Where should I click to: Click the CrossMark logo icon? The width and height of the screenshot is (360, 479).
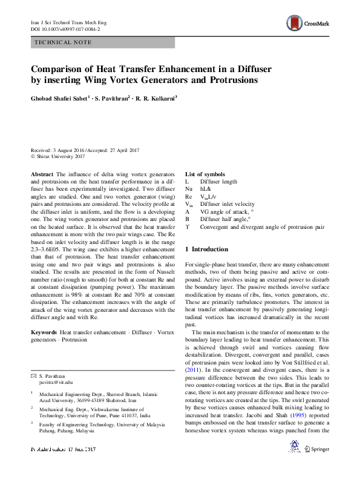(295, 24)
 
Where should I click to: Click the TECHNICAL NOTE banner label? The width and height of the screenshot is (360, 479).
(64, 42)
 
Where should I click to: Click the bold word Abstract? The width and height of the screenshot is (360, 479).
(42, 174)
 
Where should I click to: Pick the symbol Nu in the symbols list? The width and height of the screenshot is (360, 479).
(188, 190)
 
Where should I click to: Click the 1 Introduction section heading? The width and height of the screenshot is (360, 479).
(206, 249)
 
